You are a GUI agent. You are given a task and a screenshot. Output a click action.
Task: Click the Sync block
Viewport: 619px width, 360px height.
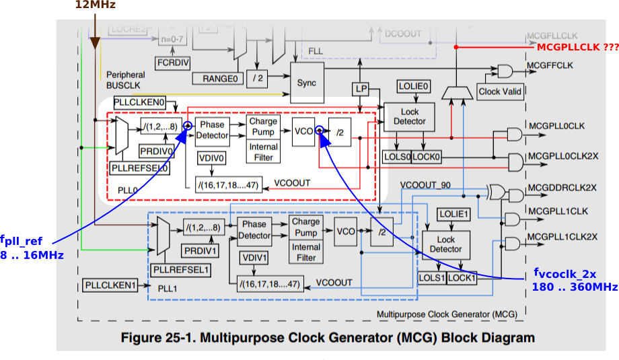tap(307, 83)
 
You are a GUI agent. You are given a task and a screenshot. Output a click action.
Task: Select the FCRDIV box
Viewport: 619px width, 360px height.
tap(172, 62)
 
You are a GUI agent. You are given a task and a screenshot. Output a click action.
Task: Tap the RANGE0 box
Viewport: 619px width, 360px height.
tap(221, 79)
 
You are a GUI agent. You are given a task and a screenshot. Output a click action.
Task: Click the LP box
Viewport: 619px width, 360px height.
tap(360, 89)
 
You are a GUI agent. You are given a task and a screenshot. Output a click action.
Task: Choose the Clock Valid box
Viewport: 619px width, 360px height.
tap(500, 92)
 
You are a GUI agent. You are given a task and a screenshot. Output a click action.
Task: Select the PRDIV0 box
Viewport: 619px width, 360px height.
tap(155, 150)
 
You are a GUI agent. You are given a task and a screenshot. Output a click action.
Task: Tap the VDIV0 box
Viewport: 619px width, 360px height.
tap(212, 157)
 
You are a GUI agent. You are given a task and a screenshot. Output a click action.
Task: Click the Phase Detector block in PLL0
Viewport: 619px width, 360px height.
tap(212, 130)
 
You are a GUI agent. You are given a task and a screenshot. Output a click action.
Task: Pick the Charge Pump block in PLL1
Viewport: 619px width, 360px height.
tap(305, 227)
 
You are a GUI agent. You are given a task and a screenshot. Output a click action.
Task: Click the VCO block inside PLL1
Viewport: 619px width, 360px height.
tap(346, 231)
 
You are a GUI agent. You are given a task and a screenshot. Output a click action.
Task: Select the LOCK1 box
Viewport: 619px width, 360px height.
tap(461, 277)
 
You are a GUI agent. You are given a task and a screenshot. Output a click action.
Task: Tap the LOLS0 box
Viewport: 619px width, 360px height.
tap(396, 156)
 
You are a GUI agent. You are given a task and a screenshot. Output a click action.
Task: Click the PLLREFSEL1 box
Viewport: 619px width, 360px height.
tap(181, 270)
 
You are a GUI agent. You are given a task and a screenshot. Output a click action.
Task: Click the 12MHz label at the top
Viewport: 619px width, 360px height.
tap(95, 5)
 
